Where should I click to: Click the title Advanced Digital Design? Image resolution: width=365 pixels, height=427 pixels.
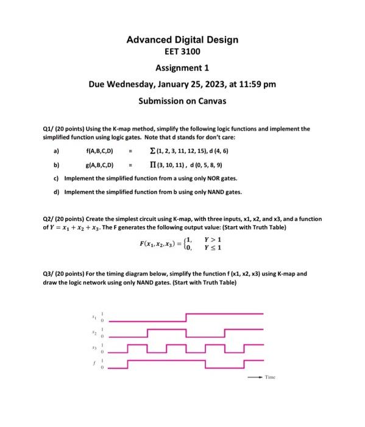tap(182, 40)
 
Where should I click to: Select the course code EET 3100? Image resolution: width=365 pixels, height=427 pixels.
tap(182, 52)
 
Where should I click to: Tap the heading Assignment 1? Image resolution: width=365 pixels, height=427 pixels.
tap(182, 68)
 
